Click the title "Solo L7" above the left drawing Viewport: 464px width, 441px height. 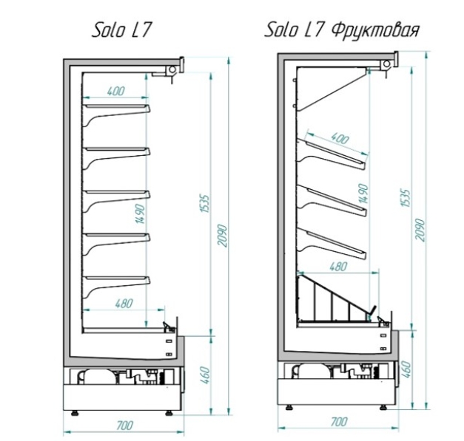coord(121,30)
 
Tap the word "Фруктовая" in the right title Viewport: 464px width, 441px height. coord(375,30)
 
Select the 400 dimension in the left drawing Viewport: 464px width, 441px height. coord(116,91)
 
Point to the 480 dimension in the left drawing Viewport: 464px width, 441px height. coord(124,304)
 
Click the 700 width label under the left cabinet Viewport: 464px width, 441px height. coord(125,425)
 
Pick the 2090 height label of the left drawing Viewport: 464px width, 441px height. coord(222,236)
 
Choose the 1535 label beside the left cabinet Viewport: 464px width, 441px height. coord(204,203)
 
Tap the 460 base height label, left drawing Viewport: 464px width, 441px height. coord(205,375)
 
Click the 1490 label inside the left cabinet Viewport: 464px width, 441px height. coord(141,213)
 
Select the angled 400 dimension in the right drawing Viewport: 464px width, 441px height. coord(340,138)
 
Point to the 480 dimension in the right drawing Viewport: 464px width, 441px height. coord(338,267)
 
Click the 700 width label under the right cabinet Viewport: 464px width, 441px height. coord(339,422)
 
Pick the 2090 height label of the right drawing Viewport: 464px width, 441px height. coord(420,230)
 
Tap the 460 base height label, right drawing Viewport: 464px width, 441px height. coord(407,369)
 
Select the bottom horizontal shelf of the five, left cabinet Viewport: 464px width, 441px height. coord(117,287)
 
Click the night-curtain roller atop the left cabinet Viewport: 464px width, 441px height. coord(172,70)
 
